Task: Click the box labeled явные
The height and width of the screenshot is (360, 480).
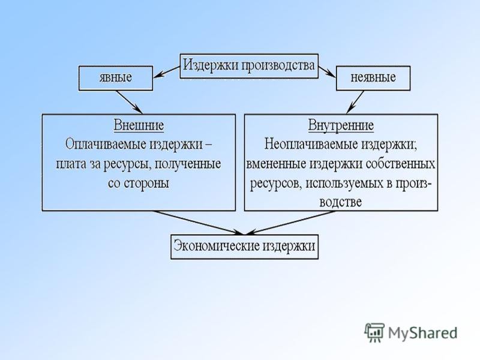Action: pyautogui.click(x=116, y=78)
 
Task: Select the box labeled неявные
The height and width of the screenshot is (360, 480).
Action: pyautogui.click(x=373, y=78)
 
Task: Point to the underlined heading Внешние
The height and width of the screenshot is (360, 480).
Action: pyautogui.click(x=139, y=125)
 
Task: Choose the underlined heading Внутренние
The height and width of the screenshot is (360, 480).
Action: pyautogui.click(x=341, y=125)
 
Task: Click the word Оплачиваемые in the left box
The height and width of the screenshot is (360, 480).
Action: pyautogui.click(x=106, y=144)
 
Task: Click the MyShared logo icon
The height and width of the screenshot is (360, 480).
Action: pyautogui.click(x=374, y=332)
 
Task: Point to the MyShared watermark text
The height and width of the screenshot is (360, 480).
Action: pyautogui.click(x=423, y=333)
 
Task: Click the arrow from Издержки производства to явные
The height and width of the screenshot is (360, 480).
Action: pyautogui.click(x=166, y=72)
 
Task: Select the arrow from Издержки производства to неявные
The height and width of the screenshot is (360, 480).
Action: pyautogui.click(x=327, y=71)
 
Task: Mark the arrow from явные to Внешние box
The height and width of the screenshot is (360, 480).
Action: pyautogui.click(x=129, y=102)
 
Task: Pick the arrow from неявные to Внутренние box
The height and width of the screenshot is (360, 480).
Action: pyautogui.click(x=355, y=102)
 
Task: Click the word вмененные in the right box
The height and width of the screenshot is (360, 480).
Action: pyautogui.click(x=277, y=164)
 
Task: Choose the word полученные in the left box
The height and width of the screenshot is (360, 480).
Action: pyautogui.click(x=188, y=164)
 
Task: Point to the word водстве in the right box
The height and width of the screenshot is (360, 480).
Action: pyautogui.click(x=340, y=202)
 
